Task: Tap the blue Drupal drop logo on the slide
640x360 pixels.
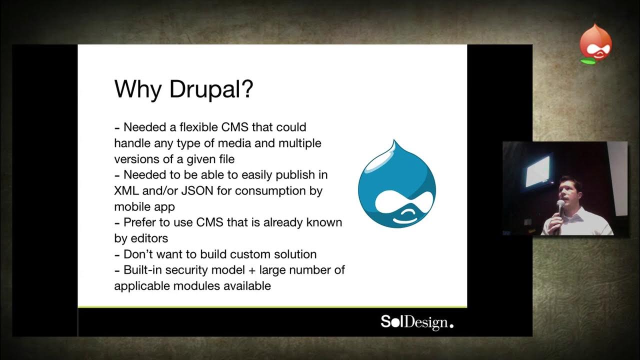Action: point(397,184)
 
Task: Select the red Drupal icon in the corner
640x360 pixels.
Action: point(595,44)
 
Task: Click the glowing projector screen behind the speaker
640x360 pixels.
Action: point(537,170)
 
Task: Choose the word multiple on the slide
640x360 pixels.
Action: point(299,143)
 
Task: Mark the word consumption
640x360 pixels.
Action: point(270,190)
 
